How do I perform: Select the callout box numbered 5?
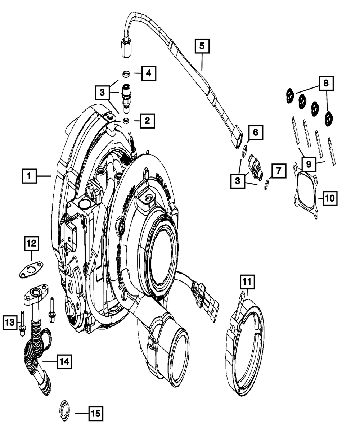point(202,46)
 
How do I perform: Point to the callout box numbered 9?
point(309,165)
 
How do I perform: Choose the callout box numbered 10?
point(330,198)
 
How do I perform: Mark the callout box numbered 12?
point(32,244)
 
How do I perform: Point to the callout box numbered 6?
point(255,132)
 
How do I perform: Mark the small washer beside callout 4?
point(126,74)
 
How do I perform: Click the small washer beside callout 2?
point(126,120)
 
